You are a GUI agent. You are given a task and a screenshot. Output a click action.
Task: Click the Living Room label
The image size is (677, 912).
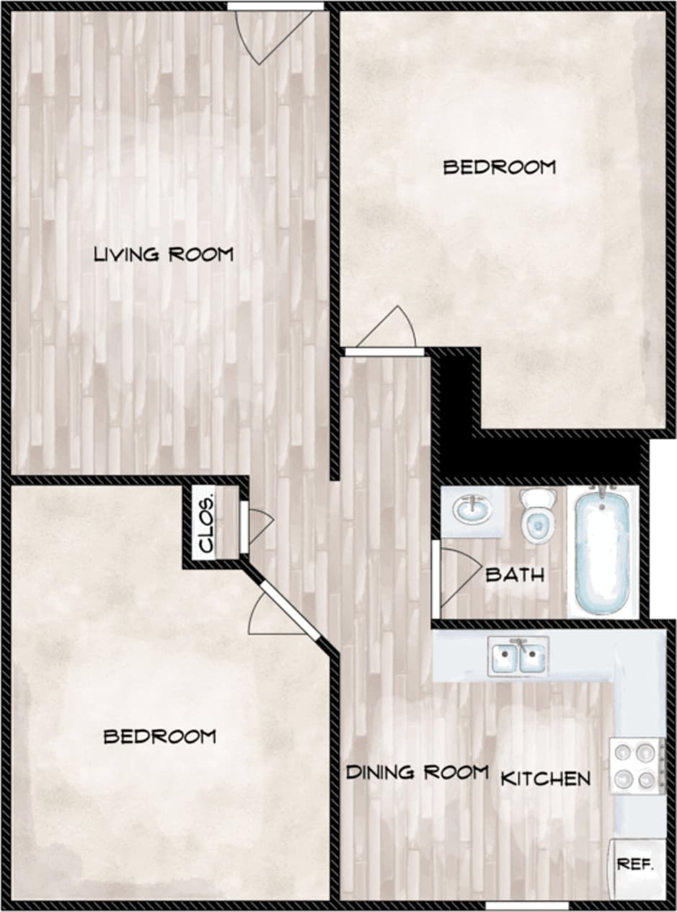coord(164,254)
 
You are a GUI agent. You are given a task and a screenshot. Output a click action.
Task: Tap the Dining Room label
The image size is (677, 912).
coord(417,773)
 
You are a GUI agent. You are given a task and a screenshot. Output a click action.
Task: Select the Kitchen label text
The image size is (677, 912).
coord(546,779)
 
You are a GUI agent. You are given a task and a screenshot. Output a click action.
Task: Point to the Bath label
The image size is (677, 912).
coord(515,575)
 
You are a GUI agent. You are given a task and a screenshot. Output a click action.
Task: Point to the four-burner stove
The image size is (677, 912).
coord(637,765)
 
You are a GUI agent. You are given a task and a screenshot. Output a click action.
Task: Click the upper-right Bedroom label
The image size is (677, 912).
coord(500,168)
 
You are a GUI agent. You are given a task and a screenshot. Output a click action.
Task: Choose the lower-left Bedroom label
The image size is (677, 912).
coord(160,737)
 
